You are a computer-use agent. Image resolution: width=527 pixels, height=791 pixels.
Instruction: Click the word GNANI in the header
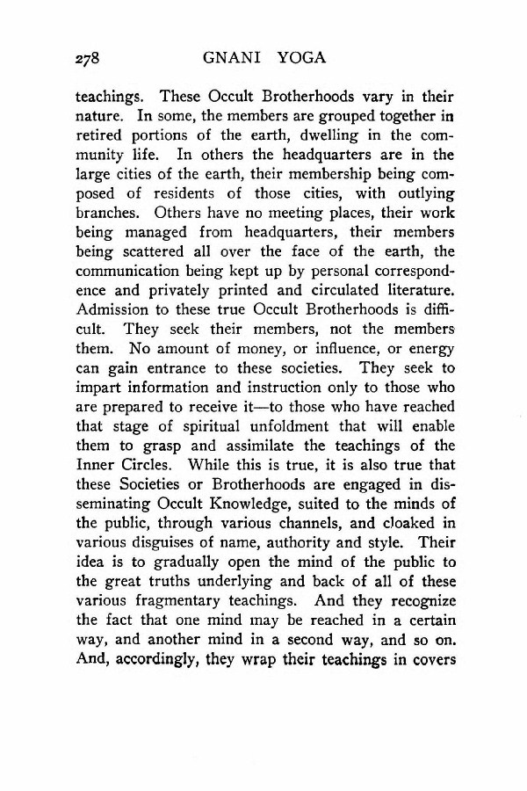[x=230, y=59]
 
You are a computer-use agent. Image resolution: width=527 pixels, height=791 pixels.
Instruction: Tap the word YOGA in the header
[x=296, y=59]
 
